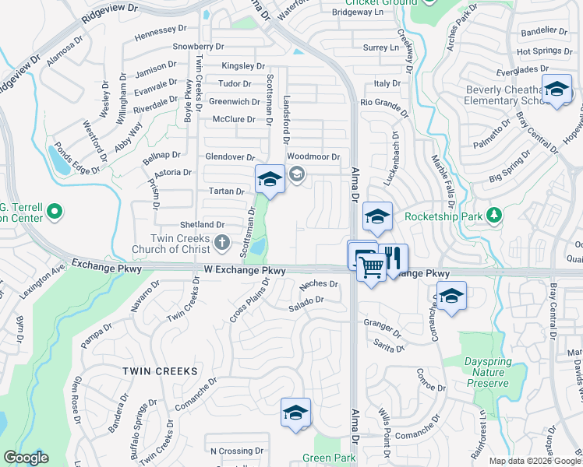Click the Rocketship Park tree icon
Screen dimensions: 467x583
493,214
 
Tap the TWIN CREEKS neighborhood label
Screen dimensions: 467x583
160,372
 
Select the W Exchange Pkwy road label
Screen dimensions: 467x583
244,270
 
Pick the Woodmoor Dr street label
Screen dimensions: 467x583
314,156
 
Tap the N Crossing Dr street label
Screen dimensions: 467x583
231,451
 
